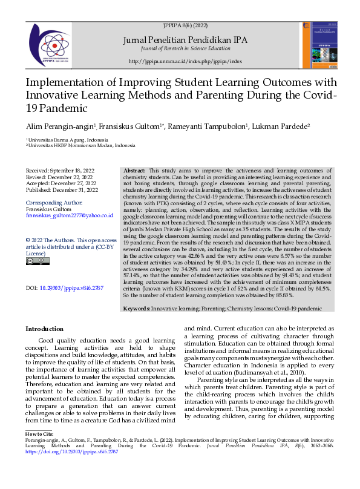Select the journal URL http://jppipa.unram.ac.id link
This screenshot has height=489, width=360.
[x=185, y=62]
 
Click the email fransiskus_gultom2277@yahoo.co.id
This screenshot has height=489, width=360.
[x=69, y=215]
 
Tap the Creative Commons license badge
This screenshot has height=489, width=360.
[x=38, y=261]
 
